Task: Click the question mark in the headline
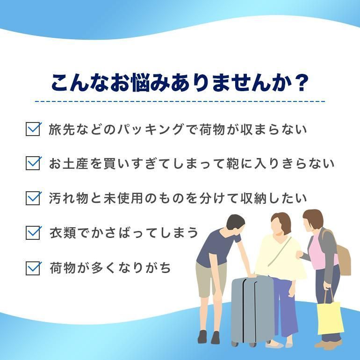(x=300, y=83)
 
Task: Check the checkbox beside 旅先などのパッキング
(x=33, y=129)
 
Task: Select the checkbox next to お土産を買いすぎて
(x=33, y=163)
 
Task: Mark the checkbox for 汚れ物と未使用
(x=33, y=198)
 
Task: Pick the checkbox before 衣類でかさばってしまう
(x=33, y=232)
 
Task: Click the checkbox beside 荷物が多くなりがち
(x=33, y=268)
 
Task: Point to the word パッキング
(x=151, y=129)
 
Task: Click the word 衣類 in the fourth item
(x=63, y=233)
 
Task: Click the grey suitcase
(x=252, y=311)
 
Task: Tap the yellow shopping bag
(x=330, y=318)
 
